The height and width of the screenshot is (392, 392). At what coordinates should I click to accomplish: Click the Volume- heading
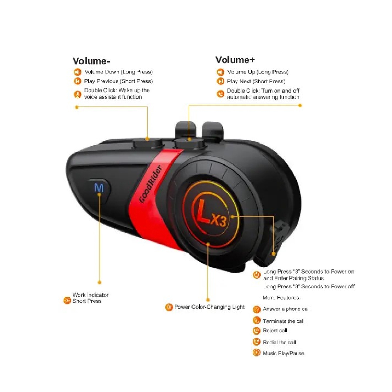(x=92, y=61)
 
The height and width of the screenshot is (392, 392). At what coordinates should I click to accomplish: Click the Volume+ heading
(x=235, y=60)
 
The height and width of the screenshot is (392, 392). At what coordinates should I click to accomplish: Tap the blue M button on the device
(x=99, y=188)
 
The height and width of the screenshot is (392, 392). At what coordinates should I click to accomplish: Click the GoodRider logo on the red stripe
(x=151, y=184)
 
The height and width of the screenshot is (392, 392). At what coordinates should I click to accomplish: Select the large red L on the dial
(x=203, y=211)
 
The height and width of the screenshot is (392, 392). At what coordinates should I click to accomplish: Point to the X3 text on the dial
(x=218, y=221)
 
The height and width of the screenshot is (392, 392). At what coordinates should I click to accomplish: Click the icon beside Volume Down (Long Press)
(x=77, y=72)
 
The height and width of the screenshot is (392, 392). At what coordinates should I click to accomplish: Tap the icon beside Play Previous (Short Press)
(x=77, y=81)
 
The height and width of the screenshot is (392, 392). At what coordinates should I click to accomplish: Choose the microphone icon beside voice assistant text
(x=77, y=94)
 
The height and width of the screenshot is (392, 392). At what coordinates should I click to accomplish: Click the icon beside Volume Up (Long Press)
(x=220, y=72)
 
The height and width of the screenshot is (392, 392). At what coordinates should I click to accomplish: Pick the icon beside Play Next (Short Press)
(x=220, y=81)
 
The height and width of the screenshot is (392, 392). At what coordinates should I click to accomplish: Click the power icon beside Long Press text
(x=257, y=275)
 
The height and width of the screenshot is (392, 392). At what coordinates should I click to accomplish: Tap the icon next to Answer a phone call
(x=257, y=309)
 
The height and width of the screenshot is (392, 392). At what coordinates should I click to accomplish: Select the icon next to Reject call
(x=257, y=331)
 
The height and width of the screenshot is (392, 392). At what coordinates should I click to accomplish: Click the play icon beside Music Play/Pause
(x=257, y=352)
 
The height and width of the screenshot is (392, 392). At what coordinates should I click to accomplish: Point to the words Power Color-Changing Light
(x=209, y=307)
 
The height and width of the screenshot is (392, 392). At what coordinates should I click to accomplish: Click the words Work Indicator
(x=91, y=295)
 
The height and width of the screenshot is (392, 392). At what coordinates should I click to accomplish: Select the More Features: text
(x=281, y=298)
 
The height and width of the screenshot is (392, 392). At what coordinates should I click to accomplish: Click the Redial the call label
(x=279, y=342)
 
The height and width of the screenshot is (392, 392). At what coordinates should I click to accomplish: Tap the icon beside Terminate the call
(x=257, y=320)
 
